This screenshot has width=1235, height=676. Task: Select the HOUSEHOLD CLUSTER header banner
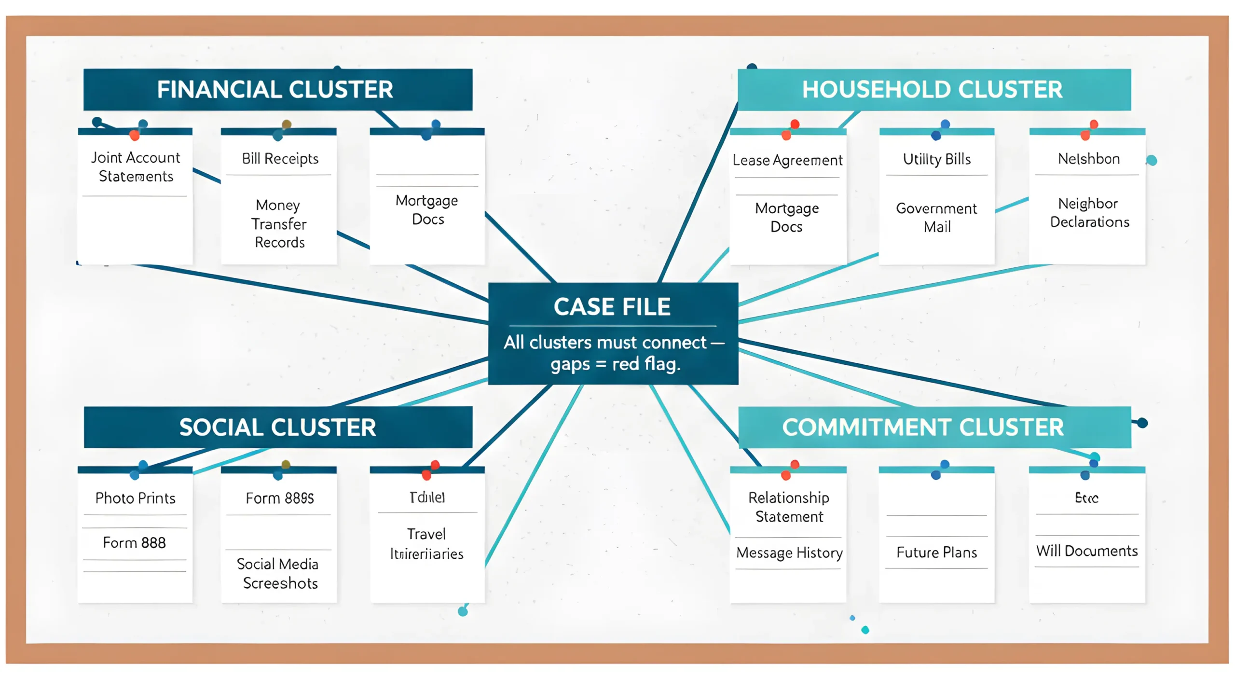click(933, 90)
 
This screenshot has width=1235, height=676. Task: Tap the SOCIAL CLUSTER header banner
click(277, 428)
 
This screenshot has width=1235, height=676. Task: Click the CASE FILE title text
click(612, 307)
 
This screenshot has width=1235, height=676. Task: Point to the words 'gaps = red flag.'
click(615, 364)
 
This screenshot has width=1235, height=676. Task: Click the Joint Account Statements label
click(136, 167)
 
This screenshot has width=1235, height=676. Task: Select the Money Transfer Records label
click(279, 224)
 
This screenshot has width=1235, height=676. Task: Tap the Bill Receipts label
click(280, 158)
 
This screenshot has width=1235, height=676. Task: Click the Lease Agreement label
click(787, 160)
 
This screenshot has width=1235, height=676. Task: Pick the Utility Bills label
click(936, 159)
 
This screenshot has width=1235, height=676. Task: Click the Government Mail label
click(936, 217)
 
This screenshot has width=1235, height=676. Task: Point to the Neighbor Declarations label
click(1089, 212)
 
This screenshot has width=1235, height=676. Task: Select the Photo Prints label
click(135, 498)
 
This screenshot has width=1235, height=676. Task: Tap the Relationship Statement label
click(788, 507)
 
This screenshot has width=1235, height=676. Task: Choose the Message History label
click(789, 552)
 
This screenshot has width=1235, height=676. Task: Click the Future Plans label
click(936, 552)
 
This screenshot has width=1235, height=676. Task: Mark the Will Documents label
click(1086, 551)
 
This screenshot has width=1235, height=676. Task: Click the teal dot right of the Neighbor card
click(1151, 160)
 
